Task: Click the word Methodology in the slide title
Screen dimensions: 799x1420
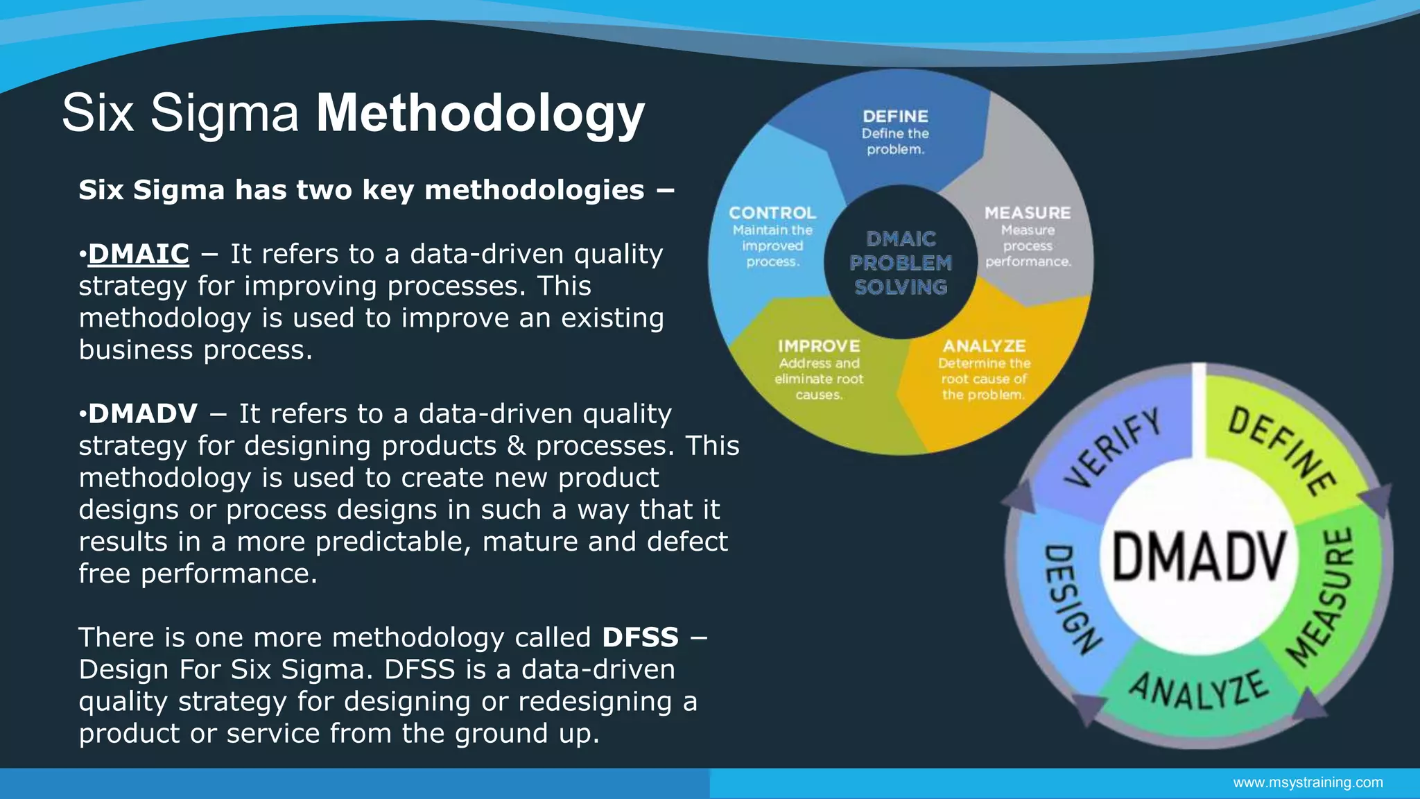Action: (480, 113)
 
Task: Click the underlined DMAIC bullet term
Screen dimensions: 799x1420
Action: (138, 254)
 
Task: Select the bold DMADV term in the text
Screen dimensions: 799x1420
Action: (143, 413)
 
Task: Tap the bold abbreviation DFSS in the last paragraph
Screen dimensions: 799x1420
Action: (640, 637)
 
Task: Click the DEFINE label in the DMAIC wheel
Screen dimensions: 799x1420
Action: (895, 117)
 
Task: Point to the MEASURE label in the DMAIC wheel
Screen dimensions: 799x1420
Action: (1028, 213)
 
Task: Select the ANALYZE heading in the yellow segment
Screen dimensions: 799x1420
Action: (983, 345)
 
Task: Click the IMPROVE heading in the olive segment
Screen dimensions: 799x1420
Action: (819, 345)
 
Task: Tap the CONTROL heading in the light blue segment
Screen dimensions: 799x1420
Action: (772, 213)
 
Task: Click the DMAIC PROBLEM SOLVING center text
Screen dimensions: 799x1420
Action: (901, 263)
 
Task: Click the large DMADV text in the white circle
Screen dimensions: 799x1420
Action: (1200, 558)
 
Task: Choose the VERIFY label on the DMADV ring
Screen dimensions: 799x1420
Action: (1114, 448)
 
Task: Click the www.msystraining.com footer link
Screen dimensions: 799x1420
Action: (1307, 782)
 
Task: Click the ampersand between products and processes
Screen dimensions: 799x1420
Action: (516, 446)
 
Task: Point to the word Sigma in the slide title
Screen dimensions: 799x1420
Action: (225, 113)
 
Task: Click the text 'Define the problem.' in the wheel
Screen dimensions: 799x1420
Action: (895, 141)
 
